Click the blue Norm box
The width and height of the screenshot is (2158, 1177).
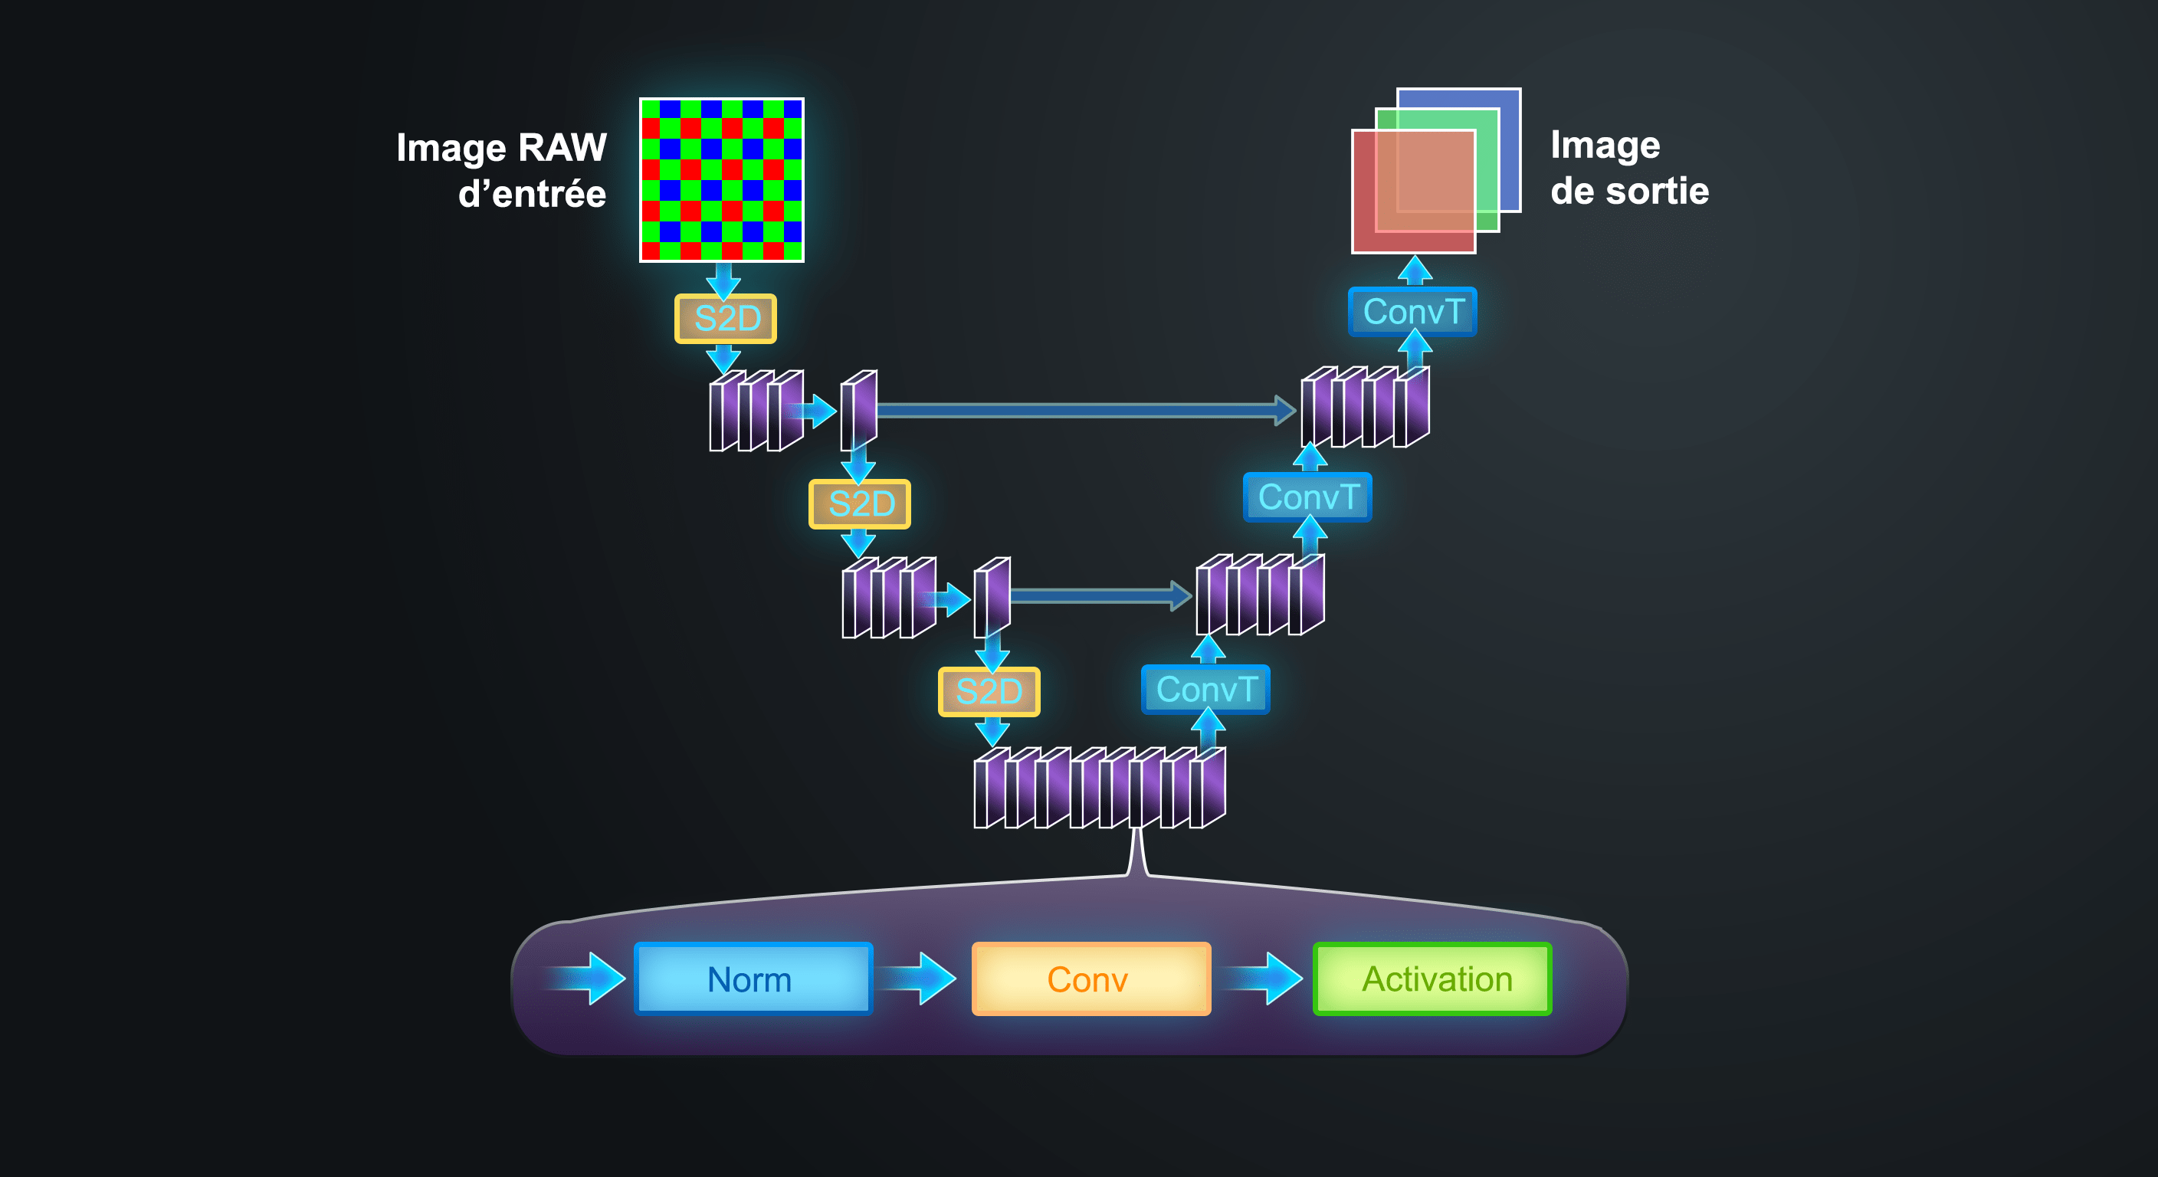point(753,979)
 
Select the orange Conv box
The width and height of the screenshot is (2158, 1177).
point(1090,979)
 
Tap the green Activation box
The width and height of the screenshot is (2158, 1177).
point(1432,979)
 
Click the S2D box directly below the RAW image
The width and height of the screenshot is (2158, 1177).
point(726,318)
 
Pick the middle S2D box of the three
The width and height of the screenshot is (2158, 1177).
point(860,503)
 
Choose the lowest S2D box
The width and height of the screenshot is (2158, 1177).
point(989,691)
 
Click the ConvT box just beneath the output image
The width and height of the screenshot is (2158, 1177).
point(1412,312)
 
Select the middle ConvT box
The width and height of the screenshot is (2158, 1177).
point(1307,497)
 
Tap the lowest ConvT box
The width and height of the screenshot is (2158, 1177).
point(1205,690)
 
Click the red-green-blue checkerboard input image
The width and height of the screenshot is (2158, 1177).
point(721,179)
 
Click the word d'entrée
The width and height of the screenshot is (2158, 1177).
point(532,195)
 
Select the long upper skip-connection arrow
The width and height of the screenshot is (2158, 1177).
point(1081,410)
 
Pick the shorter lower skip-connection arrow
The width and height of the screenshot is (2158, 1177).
point(1097,595)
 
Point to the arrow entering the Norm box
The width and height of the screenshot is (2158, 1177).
point(591,978)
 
